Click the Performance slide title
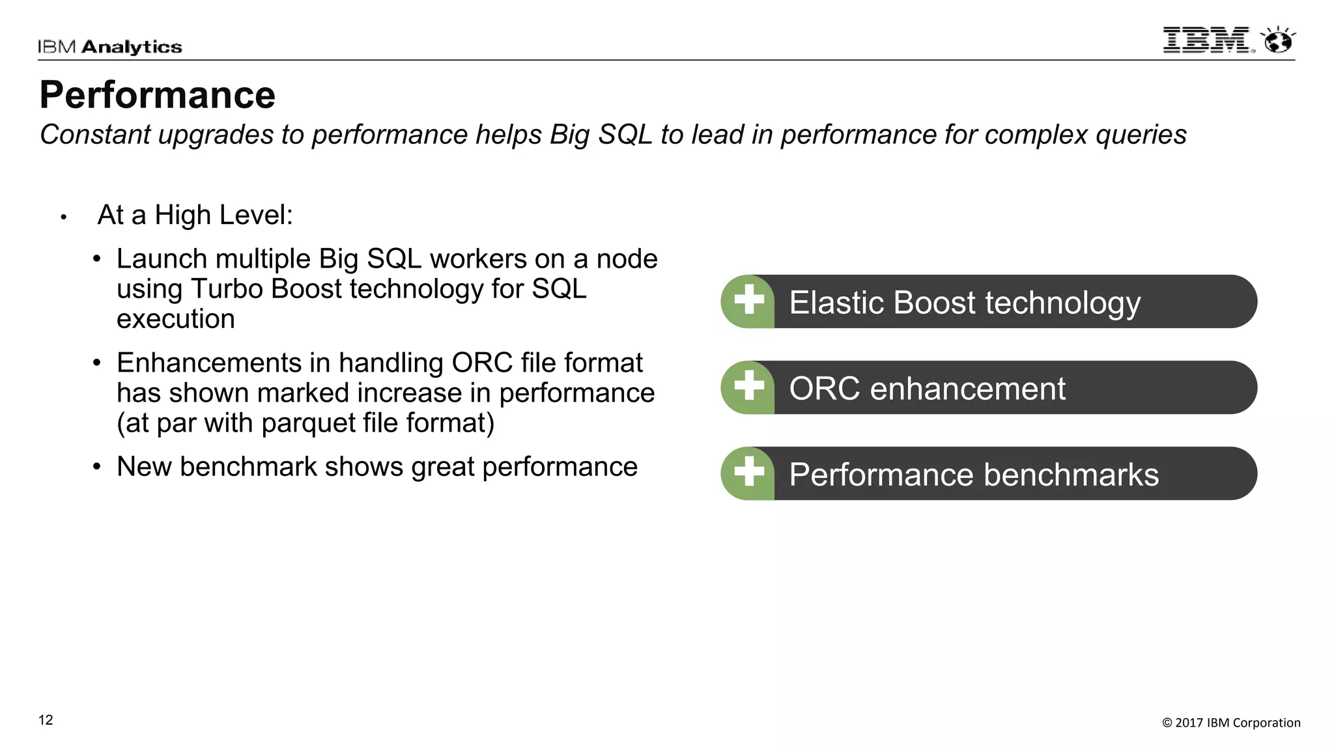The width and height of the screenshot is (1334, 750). coord(158,95)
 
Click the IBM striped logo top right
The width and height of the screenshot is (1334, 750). coord(1207,40)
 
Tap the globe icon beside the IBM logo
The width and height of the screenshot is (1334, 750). coord(1278,41)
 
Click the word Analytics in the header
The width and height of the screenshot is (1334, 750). coord(132,47)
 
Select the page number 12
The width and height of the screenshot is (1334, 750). coord(46,720)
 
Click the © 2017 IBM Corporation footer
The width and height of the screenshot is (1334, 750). coord(1231,723)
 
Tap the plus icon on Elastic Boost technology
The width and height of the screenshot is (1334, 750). coord(748,301)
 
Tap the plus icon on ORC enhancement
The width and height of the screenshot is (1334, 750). coord(748,387)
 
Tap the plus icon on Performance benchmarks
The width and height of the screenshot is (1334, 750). coord(748,473)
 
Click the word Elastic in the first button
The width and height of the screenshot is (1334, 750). coord(837,303)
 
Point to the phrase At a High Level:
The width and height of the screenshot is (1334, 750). coord(195,215)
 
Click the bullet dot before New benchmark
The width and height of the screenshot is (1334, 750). coord(97,467)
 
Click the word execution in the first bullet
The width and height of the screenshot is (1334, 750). coord(176,319)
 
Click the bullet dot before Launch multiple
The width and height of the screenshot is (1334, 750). coord(97,259)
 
